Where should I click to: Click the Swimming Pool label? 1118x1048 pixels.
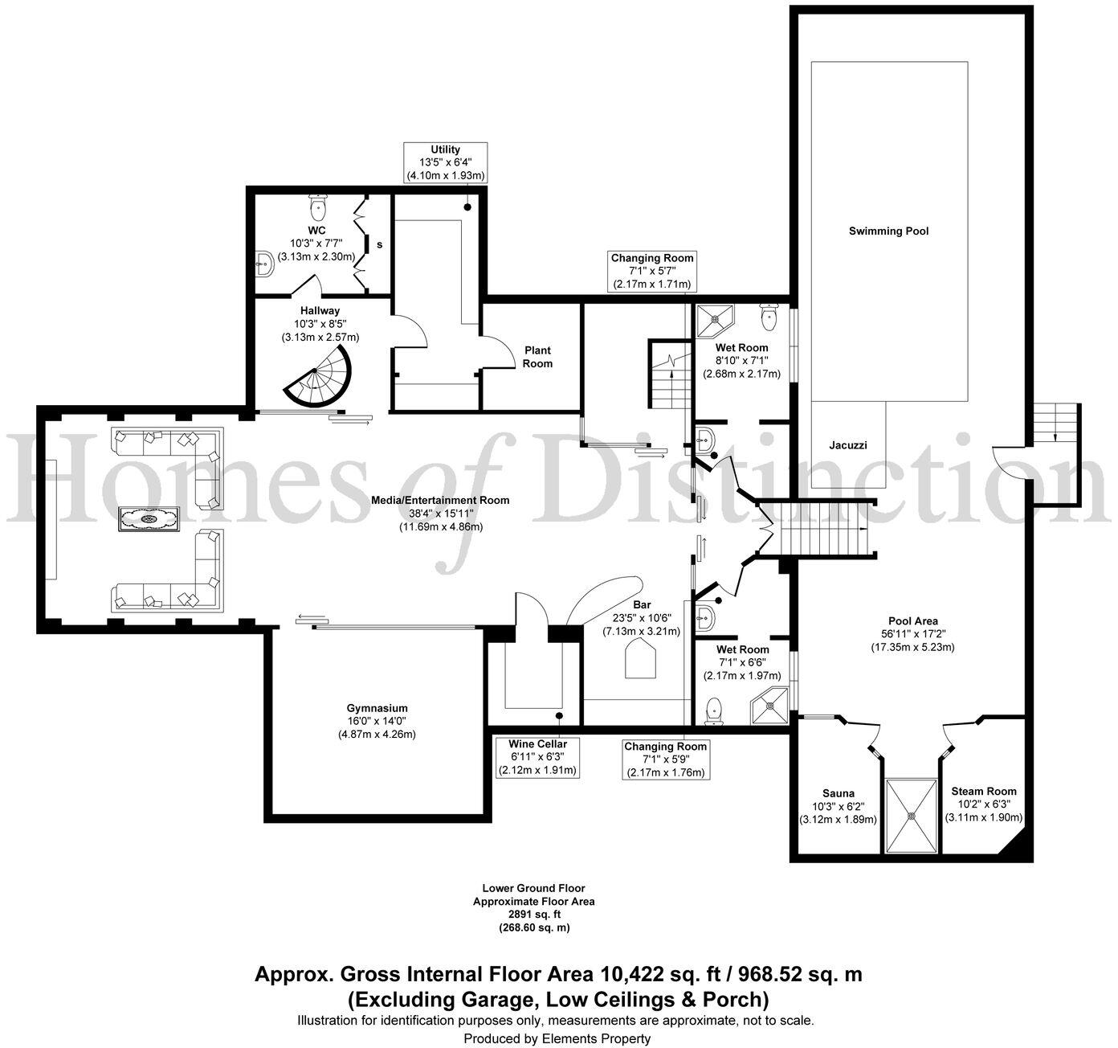coord(888,231)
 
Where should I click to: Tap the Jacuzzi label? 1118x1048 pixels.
coord(848,445)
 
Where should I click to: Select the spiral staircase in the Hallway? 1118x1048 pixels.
coord(317,376)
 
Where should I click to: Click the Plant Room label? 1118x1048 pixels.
coord(537,357)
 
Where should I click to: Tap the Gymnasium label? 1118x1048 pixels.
coord(377,708)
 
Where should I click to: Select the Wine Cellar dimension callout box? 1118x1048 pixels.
coord(537,757)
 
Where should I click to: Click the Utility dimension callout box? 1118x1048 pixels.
coord(445,163)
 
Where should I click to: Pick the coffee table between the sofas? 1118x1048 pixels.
coord(149,518)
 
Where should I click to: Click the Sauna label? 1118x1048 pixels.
coord(838,793)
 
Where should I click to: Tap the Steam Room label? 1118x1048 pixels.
coord(983,791)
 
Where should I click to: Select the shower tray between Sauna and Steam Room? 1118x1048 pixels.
coord(912,815)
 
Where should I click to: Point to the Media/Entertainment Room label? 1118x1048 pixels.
coord(440,500)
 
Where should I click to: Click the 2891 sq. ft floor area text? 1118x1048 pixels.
coord(534,915)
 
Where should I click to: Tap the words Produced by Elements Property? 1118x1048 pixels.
coord(557,1038)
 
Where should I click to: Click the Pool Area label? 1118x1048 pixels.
coord(912,621)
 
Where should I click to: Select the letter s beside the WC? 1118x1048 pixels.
coord(379,244)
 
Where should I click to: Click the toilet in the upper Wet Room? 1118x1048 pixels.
coord(769,317)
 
